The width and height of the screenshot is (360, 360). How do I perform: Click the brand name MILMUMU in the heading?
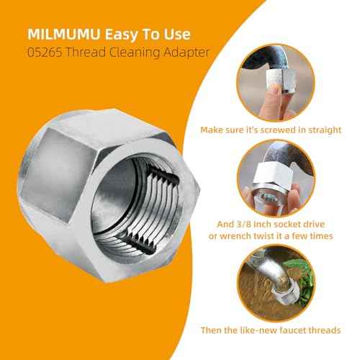(63, 34)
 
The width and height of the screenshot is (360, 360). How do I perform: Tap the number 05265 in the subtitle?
(45, 52)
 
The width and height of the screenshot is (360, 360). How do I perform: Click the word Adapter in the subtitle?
(186, 53)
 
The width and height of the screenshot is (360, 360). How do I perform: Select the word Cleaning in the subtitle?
(135, 53)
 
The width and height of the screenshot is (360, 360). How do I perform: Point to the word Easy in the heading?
(121, 35)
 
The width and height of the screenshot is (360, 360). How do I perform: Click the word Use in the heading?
(177, 34)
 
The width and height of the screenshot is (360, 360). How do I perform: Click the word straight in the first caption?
(325, 130)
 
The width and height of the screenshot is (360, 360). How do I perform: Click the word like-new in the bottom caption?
(258, 330)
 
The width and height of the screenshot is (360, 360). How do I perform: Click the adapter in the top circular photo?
(281, 79)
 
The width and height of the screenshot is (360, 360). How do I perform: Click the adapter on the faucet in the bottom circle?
(286, 294)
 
